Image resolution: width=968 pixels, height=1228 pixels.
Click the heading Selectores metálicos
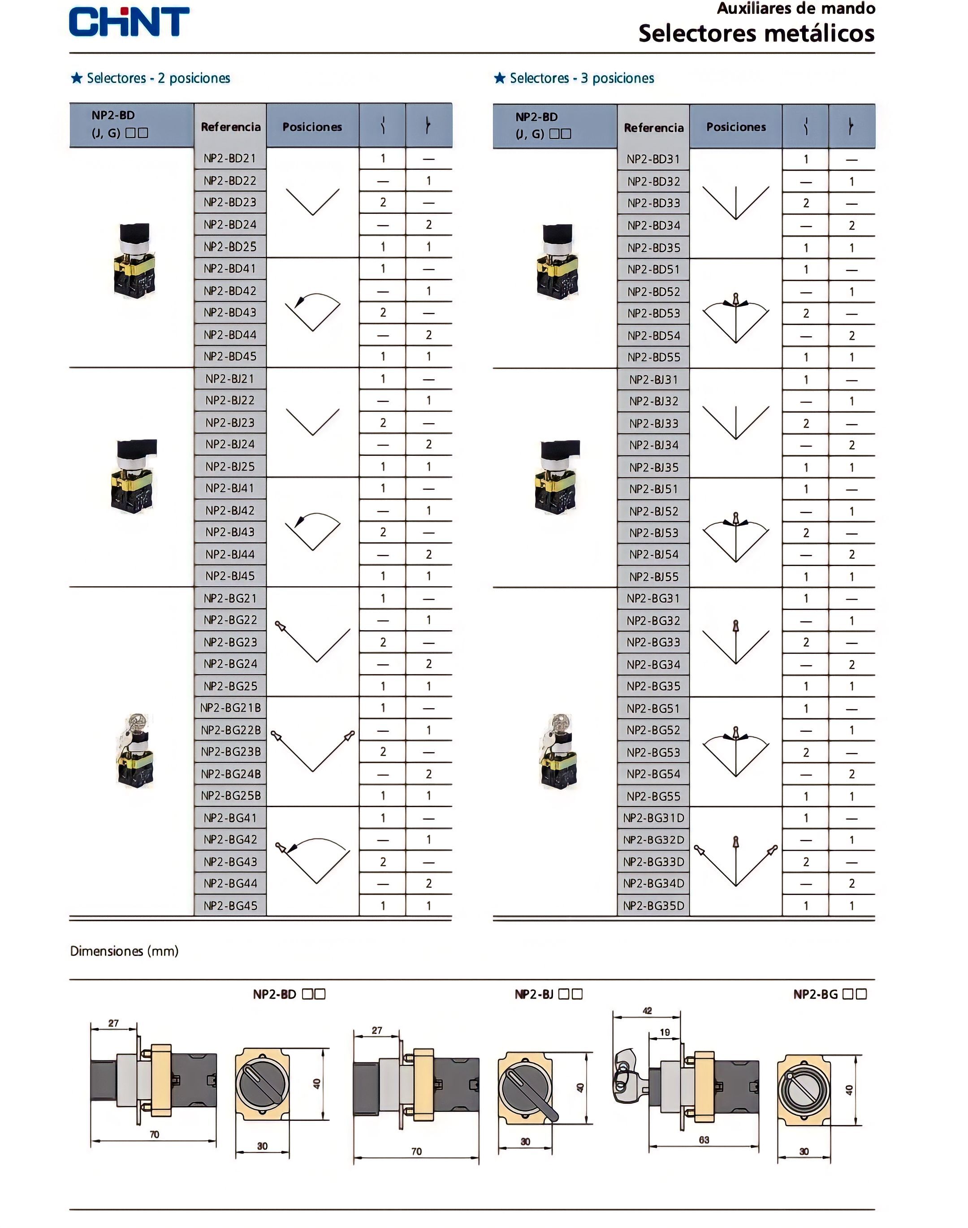756,34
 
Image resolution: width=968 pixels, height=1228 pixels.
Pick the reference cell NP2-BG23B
231,752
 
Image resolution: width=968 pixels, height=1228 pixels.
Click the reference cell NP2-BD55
653,358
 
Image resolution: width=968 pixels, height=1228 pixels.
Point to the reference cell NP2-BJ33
653,424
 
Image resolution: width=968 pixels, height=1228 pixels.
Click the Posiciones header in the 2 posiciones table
312,127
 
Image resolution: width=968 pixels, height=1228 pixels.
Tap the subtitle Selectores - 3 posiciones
582,78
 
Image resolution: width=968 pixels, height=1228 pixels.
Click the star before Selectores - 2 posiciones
77,78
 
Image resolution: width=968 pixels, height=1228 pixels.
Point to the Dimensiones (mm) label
124,951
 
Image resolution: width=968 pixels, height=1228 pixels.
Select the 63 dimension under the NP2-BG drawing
704,1140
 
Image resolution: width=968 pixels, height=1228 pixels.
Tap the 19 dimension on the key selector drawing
665,1033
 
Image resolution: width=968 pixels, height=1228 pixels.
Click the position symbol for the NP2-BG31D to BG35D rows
735,861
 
